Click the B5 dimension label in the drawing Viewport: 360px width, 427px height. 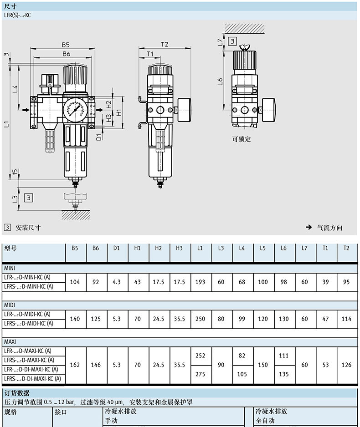66,45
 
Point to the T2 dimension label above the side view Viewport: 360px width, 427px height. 165,44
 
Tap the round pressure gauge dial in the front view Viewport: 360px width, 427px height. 74,110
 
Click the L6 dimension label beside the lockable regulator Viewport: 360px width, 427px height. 220,81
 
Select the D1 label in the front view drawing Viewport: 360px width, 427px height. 99,137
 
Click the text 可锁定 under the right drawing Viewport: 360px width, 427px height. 241,139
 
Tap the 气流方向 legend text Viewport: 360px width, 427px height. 329,228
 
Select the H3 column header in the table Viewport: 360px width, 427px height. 180,248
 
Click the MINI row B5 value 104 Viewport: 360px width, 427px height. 75,282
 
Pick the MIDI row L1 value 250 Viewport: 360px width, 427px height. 200,319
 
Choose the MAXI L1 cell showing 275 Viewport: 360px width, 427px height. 200,374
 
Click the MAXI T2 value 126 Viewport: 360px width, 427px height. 346,365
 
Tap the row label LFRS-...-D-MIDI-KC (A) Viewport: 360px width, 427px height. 29,324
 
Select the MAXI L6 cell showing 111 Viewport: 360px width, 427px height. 284,356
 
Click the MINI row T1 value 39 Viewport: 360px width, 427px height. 325,282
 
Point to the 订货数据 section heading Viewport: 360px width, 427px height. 17,393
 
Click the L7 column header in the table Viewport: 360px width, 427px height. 304,248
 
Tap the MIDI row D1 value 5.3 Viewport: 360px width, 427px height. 117,319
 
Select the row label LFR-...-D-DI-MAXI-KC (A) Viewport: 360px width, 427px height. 31,370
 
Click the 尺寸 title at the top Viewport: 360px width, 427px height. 10,6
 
